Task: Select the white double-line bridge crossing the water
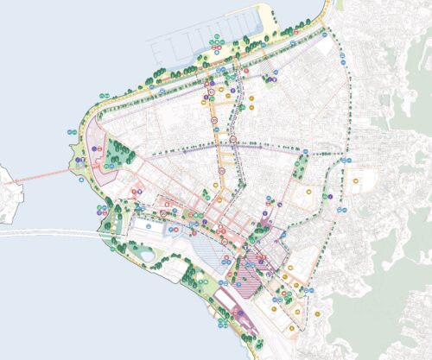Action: (x=52, y=232)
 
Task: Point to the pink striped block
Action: (x=254, y=262)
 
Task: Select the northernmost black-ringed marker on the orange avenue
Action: (x=210, y=87)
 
